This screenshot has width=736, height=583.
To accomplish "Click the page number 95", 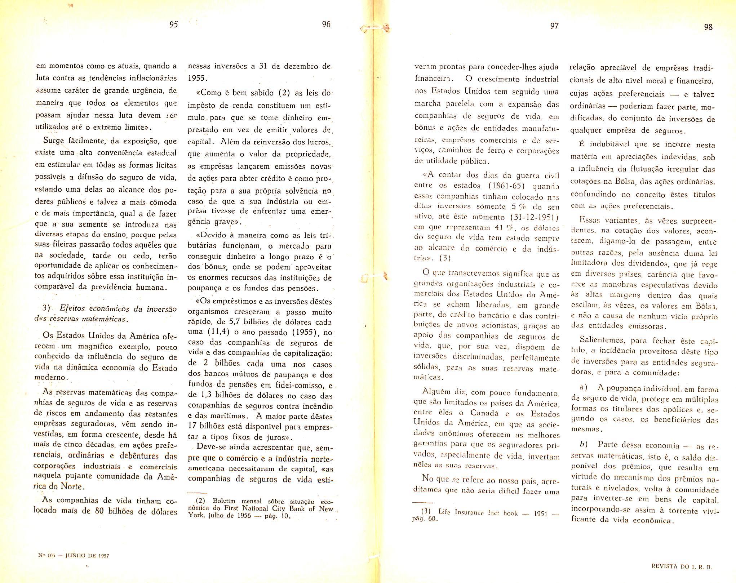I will tap(173, 25).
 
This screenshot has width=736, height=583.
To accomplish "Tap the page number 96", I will tap(326, 24).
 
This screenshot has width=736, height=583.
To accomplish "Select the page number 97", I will tap(554, 26).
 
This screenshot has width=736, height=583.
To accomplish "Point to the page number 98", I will tap(708, 27).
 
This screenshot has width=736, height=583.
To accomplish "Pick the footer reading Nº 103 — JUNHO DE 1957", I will tap(73, 555).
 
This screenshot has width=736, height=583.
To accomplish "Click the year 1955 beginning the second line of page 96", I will tap(196, 79).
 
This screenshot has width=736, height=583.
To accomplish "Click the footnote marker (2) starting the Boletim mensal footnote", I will tap(200, 501).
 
